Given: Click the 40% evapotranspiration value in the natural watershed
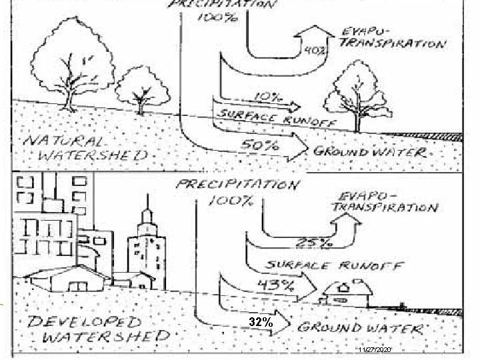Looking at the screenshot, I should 315,49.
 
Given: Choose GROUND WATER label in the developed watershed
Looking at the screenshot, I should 359,328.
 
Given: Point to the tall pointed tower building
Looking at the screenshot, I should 146,247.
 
